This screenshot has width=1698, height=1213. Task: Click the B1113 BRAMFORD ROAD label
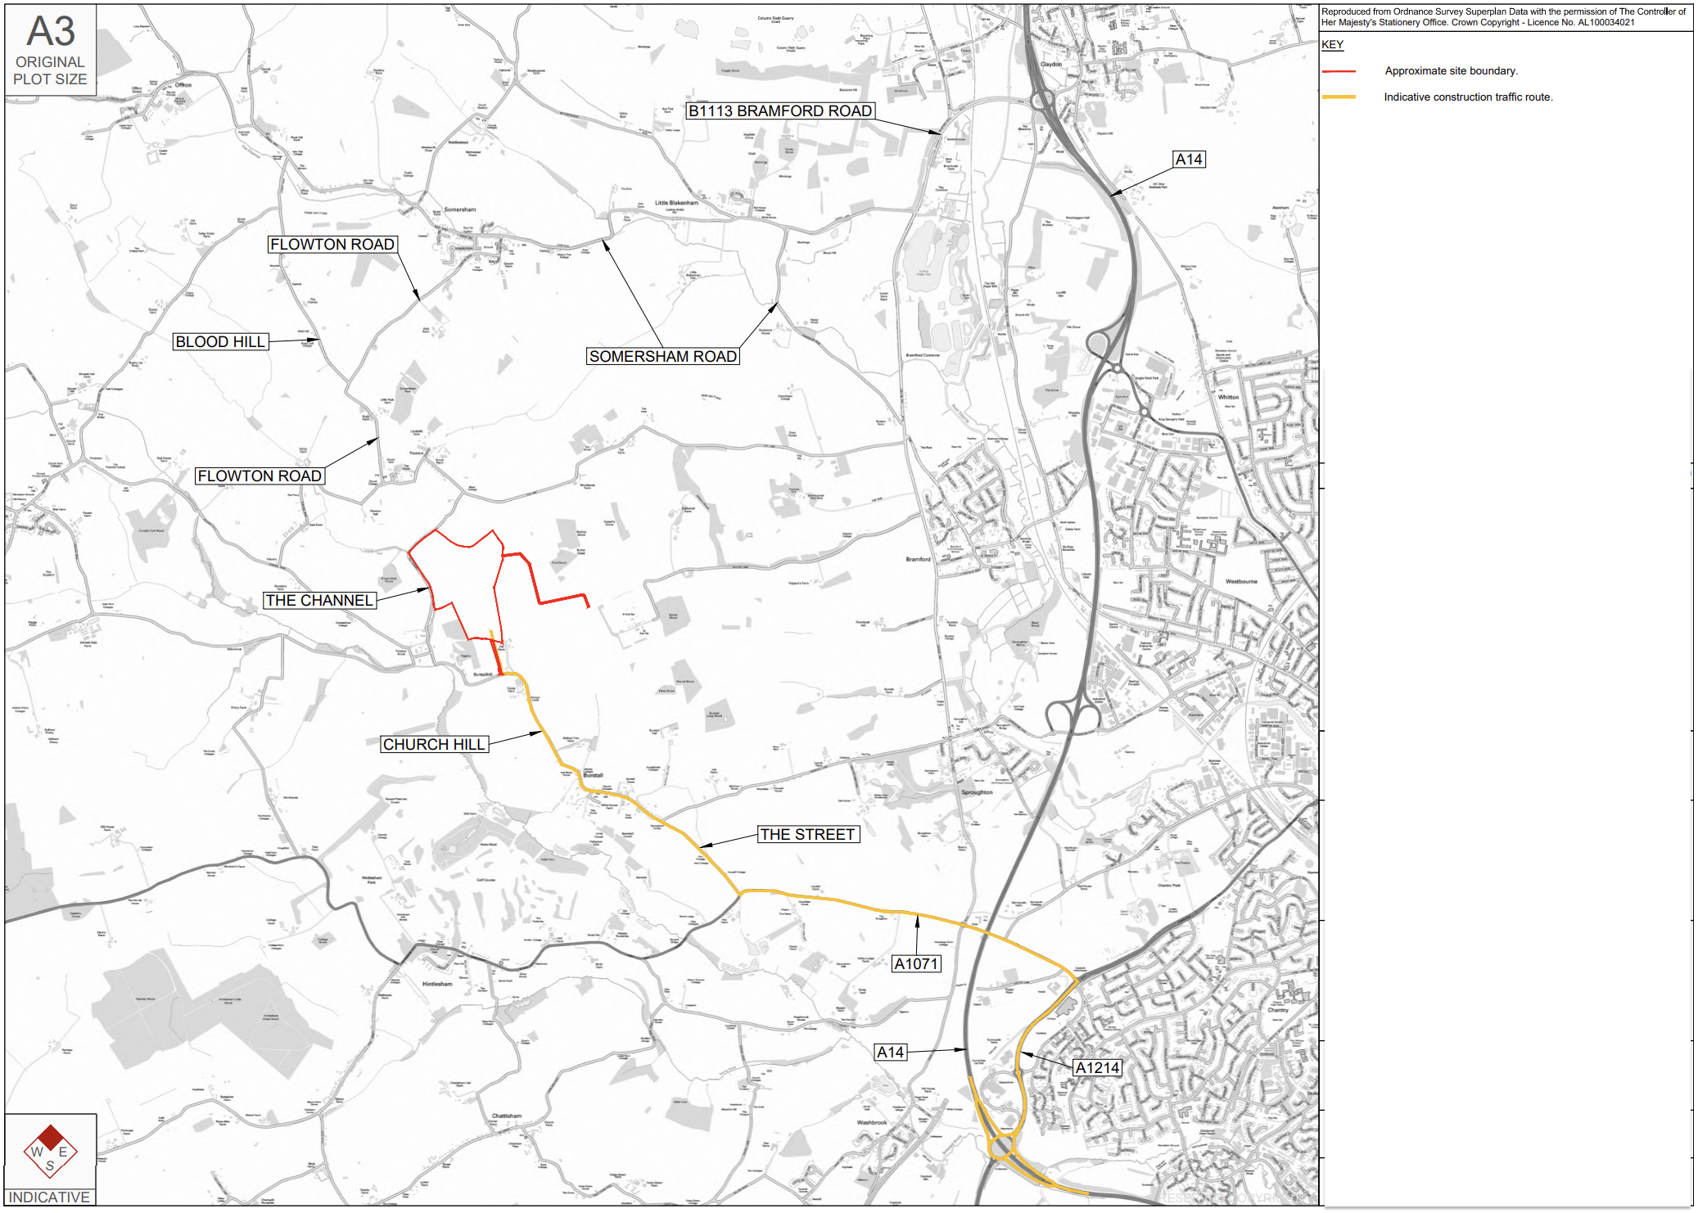point(779,111)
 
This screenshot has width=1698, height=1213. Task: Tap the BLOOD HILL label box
point(220,342)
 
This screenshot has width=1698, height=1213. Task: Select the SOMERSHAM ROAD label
point(662,357)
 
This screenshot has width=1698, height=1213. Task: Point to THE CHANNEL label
point(319,601)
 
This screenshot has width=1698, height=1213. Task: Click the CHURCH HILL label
point(434,745)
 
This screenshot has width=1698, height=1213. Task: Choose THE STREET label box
point(807,835)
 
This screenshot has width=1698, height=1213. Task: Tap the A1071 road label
point(915,964)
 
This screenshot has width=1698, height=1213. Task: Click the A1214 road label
point(1096,1068)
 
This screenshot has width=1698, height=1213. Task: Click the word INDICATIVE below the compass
point(49,1197)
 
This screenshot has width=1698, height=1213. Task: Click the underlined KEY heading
point(1332,45)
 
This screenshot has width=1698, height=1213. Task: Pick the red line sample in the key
point(1338,71)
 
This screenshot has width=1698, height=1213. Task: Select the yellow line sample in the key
point(1338,97)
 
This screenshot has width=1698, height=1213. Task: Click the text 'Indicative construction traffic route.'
point(1468,97)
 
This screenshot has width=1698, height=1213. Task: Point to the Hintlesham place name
point(437,984)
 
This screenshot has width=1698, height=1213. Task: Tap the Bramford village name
point(918,560)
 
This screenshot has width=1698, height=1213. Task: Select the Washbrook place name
point(872,1123)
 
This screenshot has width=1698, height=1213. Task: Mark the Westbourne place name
point(1241,582)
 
